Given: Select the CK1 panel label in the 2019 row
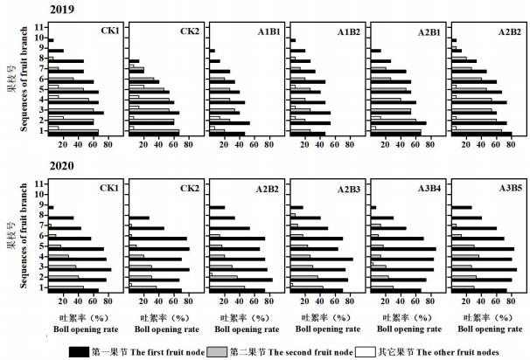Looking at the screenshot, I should pyautogui.click(x=108, y=32).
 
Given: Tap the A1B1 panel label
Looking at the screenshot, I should pyautogui.click(x=270, y=32).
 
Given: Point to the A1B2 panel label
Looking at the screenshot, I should pyautogui.click(x=351, y=32).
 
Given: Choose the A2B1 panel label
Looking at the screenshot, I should pyautogui.click(x=431, y=32).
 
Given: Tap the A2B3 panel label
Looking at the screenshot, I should pyautogui.click(x=351, y=187).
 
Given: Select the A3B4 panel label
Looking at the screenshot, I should pyautogui.click(x=431, y=187).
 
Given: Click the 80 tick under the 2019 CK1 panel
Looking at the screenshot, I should pyautogui.click(x=108, y=145).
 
